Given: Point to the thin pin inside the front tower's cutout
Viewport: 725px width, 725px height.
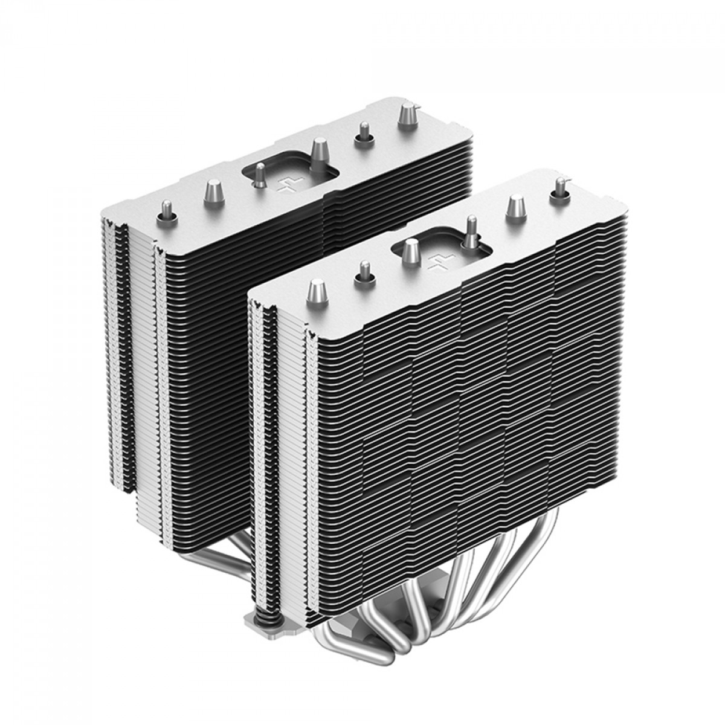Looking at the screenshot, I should [x=469, y=233].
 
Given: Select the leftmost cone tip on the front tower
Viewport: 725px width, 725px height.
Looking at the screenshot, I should [x=315, y=293].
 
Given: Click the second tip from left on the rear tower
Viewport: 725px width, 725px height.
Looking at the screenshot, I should [x=211, y=192].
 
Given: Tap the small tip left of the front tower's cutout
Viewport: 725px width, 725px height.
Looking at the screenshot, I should [x=364, y=271].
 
